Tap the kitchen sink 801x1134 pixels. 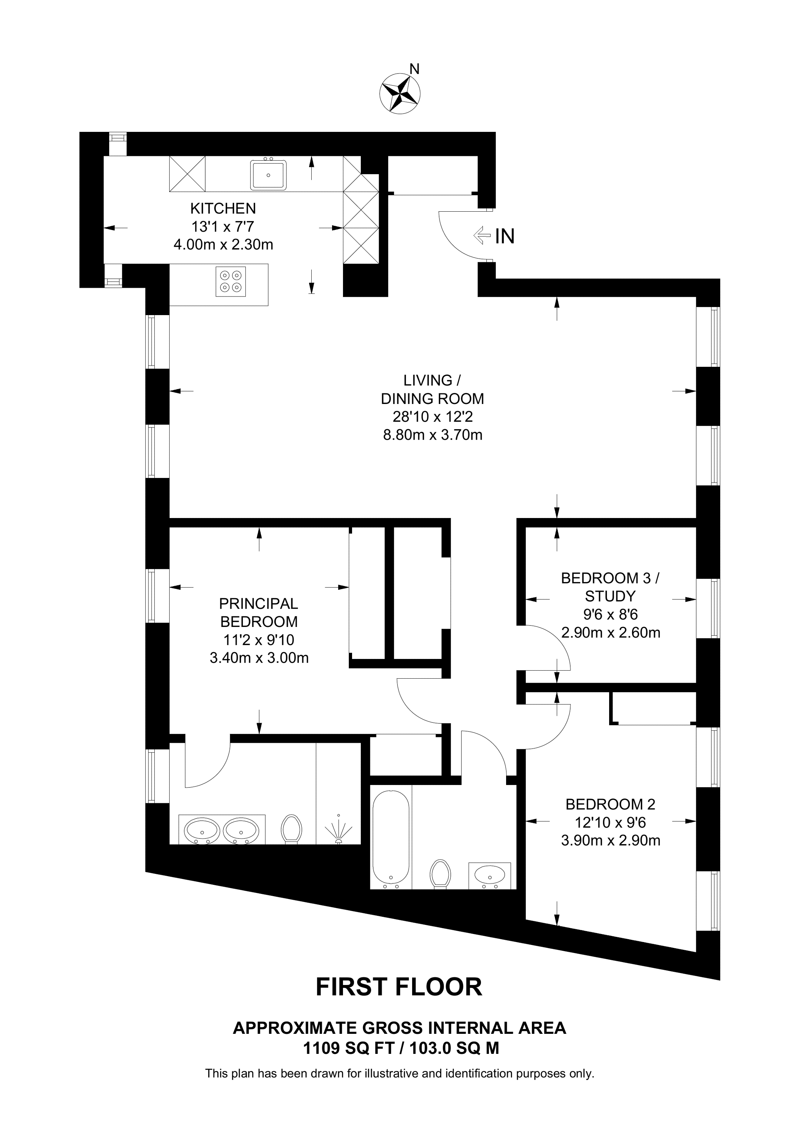(x=268, y=175)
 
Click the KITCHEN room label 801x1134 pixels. (x=223, y=208)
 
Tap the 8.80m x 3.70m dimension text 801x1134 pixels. (x=432, y=435)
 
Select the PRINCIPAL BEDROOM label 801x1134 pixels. (x=259, y=612)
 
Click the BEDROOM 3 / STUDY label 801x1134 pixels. (x=610, y=587)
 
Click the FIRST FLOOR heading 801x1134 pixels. (x=399, y=987)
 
